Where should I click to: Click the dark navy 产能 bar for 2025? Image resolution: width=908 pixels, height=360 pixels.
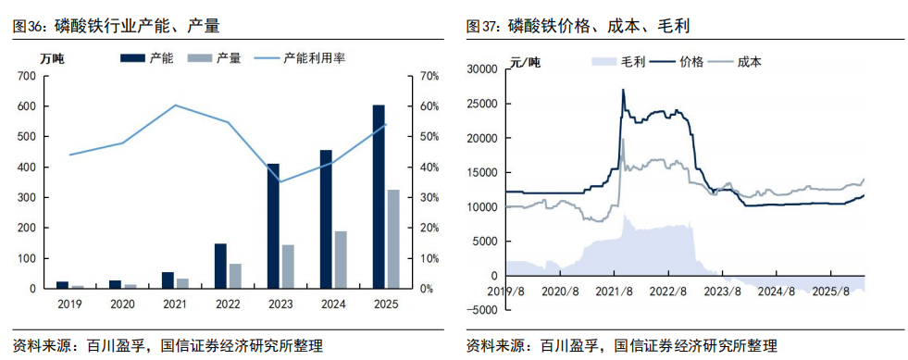(379, 197)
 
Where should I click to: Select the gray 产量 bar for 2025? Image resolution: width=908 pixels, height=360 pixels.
(393, 239)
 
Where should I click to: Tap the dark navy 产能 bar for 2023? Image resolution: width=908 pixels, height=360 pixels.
(273, 226)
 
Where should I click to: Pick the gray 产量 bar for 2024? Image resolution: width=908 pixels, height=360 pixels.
(341, 260)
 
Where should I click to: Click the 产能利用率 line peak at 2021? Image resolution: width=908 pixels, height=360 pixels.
(175, 105)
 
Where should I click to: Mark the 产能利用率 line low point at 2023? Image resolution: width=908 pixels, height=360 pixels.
(280, 181)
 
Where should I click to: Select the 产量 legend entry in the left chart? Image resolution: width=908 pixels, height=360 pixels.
(215, 58)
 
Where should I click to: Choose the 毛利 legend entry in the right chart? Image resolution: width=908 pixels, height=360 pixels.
(618, 62)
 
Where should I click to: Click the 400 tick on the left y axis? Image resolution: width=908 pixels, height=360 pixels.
(28, 168)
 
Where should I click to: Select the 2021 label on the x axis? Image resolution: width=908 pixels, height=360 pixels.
(175, 304)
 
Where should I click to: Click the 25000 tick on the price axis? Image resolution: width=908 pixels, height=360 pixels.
(482, 105)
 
